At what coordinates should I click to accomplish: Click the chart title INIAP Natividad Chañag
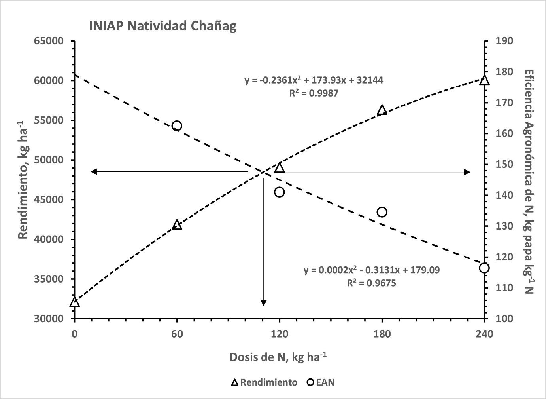(x=162, y=27)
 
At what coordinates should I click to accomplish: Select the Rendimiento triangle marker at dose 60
(x=177, y=225)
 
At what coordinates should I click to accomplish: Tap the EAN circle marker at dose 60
(x=177, y=126)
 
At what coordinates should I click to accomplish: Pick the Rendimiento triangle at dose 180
(x=382, y=110)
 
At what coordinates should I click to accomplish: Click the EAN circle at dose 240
(x=484, y=268)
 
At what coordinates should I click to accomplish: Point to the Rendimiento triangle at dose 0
(x=74, y=302)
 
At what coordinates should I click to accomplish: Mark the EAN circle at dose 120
(x=280, y=192)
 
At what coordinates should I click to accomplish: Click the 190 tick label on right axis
(x=504, y=41)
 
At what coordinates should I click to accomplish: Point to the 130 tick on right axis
(x=504, y=226)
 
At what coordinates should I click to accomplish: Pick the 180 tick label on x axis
(x=382, y=334)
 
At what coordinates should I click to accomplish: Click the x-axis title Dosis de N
(x=278, y=357)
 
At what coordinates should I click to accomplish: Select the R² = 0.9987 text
(x=314, y=93)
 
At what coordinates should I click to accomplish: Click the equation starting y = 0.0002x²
(x=372, y=270)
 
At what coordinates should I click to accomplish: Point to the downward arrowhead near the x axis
(x=264, y=303)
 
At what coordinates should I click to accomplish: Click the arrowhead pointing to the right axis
(x=467, y=172)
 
